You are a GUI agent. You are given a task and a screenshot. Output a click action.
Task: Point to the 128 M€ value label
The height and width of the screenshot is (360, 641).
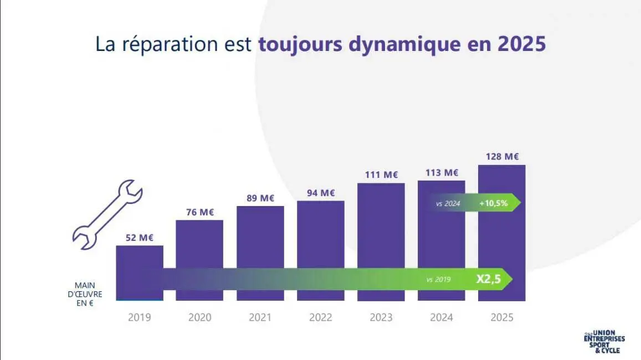pyautogui.click(x=502, y=157)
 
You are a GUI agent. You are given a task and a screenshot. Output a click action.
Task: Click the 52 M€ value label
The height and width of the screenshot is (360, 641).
pyautogui.click(x=139, y=238)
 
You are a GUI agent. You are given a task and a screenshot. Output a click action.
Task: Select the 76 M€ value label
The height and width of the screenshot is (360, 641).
pyautogui.click(x=199, y=212)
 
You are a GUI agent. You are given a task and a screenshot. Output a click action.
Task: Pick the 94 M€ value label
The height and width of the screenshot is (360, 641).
pyautogui.click(x=321, y=193)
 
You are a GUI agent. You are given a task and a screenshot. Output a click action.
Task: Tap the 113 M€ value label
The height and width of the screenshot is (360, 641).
pyautogui.click(x=442, y=172)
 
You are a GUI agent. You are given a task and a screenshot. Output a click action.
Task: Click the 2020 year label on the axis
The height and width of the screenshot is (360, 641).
pyautogui.click(x=199, y=317)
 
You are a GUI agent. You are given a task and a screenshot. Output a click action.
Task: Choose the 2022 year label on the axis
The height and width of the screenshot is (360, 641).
pyautogui.click(x=321, y=317)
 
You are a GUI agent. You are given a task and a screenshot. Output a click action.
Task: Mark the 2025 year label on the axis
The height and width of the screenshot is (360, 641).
pyautogui.click(x=502, y=317)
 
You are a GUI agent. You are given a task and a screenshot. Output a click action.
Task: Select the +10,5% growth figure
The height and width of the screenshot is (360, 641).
pyautogui.click(x=494, y=203)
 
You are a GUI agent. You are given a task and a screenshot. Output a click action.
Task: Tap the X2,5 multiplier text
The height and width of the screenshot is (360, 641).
pyautogui.click(x=488, y=280)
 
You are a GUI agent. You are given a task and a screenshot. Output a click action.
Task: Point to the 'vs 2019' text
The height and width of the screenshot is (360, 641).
pyautogui.click(x=438, y=280)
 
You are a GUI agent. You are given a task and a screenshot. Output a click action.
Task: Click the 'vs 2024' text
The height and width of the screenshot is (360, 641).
pyautogui.click(x=448, y=204)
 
